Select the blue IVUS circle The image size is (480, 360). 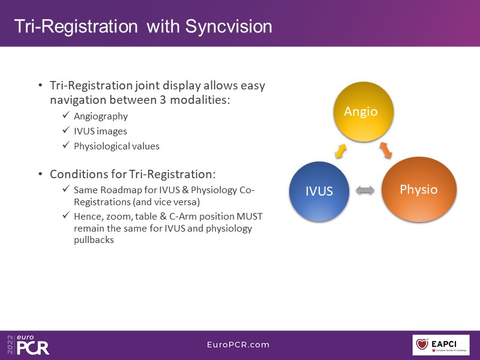click(x=319, y=191)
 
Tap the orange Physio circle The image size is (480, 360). click(x=418, y=190)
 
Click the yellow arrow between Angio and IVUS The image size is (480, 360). click(x=340, y=152)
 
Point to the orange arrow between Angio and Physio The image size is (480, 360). click(x=385, y=151)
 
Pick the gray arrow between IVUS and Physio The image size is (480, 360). click(x=365, y=191)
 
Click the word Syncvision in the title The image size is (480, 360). click(x=229, y=26)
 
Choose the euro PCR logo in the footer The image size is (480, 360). click(x=29, y=344)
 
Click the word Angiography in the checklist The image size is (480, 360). click(x=101, y=116)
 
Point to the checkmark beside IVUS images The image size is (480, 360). click(x=66, y=131)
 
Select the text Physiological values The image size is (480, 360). click(x=116, y=146)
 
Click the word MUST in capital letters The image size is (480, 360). click(x=247, y=216)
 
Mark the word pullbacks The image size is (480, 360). click(x=94, y=240)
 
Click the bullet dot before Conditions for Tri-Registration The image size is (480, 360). click(x=40, y=175)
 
